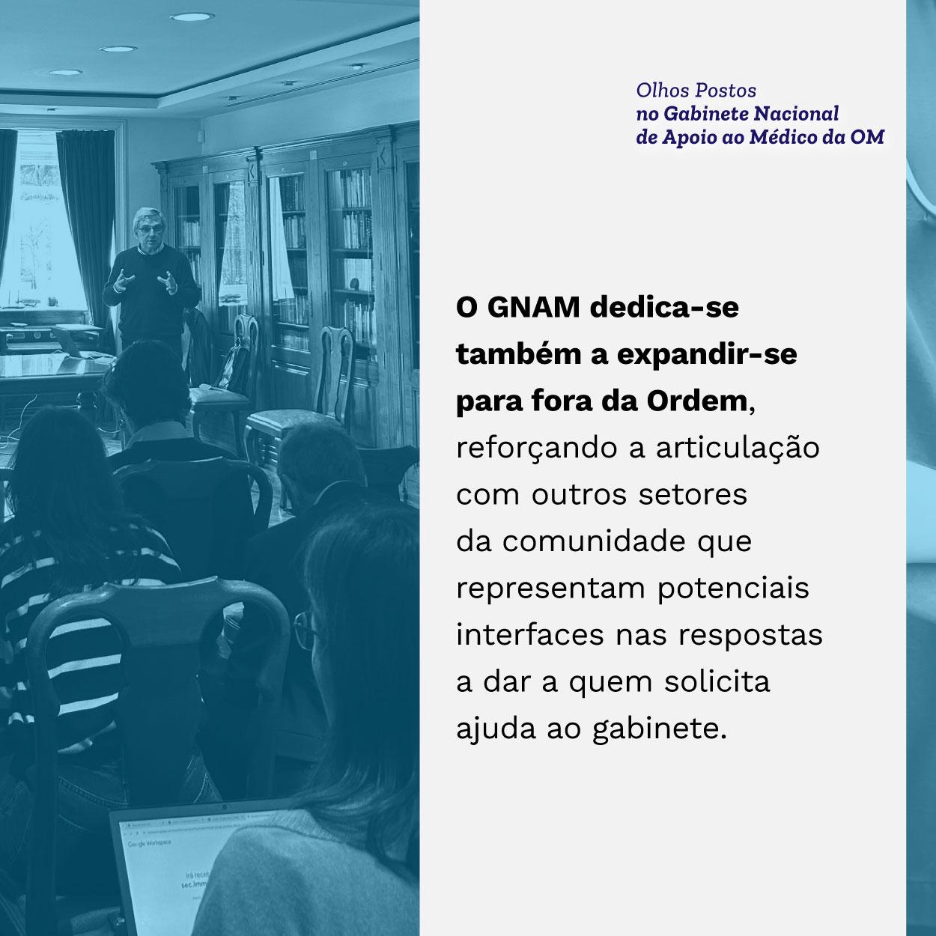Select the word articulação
pos(738,449)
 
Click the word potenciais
pos(734,589)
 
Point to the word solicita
pos(717,682)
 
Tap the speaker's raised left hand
pos(168,282)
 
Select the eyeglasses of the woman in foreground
pos(305,630)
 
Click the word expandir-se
pos(707,356)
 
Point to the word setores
pos(693,496)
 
